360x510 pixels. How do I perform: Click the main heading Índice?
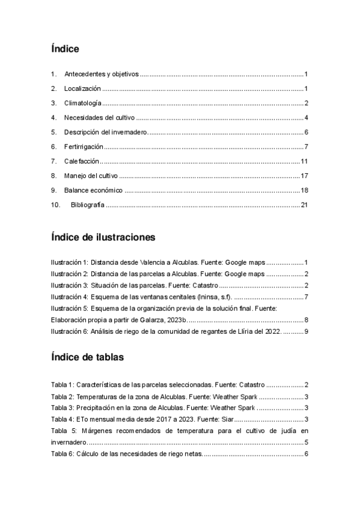tap(66, 49)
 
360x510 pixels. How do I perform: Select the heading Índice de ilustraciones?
tap(103, 237)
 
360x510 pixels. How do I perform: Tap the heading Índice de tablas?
tap(88, 357)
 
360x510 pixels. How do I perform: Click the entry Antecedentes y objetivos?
tap(102, 74)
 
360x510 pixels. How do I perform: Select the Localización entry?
tap(84, 88)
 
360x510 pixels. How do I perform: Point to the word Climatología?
tap(83, 103)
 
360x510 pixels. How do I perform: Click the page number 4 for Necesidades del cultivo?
tap(306, 117)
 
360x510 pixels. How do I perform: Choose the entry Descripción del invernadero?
tap(106, 132)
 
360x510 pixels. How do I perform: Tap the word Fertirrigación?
tap(84, 146)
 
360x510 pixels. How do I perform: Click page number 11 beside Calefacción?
tap(304, 161)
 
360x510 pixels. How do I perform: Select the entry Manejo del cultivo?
tap(91, 176)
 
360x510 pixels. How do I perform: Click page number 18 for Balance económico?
tap(304, 190)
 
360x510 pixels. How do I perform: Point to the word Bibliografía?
tap(88, 205)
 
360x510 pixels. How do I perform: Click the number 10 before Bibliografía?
tap(55, 205)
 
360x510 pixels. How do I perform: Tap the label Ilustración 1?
tap(70, 262)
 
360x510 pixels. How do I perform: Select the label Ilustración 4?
tap(70, 296)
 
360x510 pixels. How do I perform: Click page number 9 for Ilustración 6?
tap(306, 331)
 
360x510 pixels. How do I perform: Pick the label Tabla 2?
tap(63, 396)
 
